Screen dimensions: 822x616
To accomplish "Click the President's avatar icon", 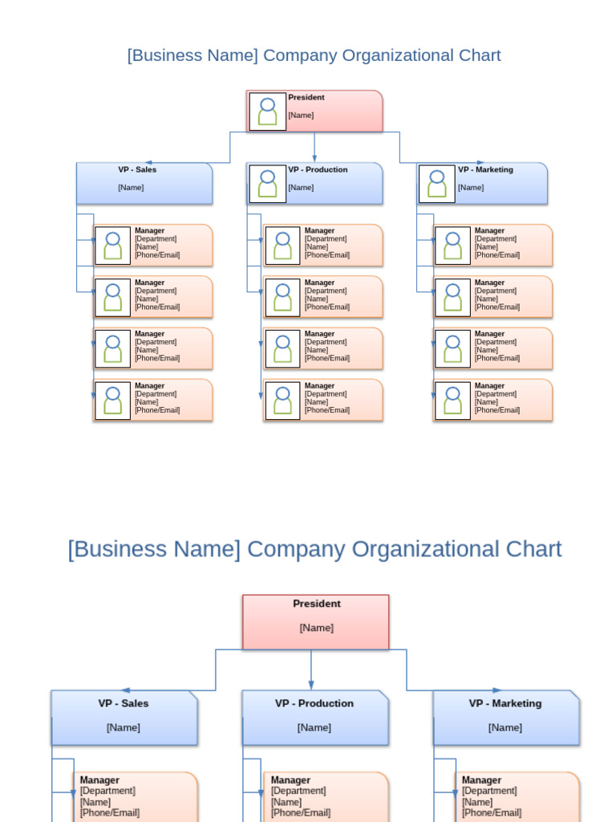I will tap(267, 112).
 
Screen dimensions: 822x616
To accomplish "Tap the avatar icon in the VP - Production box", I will tap(267, 184).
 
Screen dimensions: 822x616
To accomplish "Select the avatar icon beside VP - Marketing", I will tap(437, 184).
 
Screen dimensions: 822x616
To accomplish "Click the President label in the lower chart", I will tap(316, 604).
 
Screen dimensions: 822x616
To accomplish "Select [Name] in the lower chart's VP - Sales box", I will tap(123, 727).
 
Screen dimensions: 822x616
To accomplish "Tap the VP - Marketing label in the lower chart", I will tap(505, 703).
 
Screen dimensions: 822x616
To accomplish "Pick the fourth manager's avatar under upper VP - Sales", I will tap(113, 401).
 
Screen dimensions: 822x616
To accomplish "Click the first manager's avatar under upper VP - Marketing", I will tap(452, 246).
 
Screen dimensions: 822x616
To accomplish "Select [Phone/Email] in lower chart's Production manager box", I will tap(300, 812).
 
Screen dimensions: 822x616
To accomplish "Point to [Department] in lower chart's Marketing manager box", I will tap(489, 791).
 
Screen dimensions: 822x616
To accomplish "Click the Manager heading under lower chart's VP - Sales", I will tap(99, 780).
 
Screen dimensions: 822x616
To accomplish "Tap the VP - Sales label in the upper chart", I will tap(137, 169).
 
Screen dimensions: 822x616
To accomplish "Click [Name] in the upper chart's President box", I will tap(301, 115).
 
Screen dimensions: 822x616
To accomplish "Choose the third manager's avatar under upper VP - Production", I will tap(282, 349).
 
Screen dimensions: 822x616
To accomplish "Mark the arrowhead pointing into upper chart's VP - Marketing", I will tap(480, 163).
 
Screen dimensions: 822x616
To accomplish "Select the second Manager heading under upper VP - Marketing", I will tap(489, 283).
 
